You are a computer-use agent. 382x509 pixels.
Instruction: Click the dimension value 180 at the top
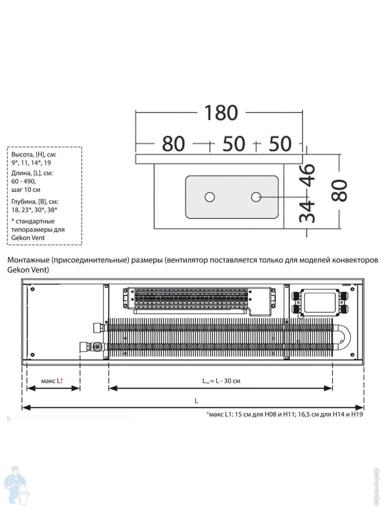pyautogui.click(x=221, y=113)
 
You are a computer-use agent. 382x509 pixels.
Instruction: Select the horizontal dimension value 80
pyautogui.click(x=173, y=144)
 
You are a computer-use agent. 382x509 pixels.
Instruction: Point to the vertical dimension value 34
pyautogui.click(x=308, y=211)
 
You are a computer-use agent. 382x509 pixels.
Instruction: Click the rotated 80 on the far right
pyautogui.click(x=340, y=190)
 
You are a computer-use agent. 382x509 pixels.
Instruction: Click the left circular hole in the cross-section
pyautogui.click(x=210, y=197)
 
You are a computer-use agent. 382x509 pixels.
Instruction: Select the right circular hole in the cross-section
pyautogui.click(x=256, y=197)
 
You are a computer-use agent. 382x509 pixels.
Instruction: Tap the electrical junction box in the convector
pyautogui.click(x=320, y=302)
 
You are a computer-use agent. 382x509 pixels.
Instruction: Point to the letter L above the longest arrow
pyautogui.click(x=196, y=401)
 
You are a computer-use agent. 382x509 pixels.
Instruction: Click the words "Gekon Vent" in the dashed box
pyautogui.click(x=28, y=238)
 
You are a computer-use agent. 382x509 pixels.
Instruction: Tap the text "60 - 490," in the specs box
pyautogui.click(x=24, y=181)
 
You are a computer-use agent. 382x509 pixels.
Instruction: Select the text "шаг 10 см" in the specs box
pyautogui.click(x=26, y=190)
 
